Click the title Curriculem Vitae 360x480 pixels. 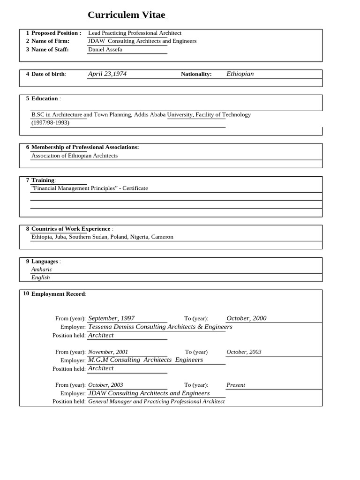pos(127,15)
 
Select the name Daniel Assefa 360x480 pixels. pos(105,49)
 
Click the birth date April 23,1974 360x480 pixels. pos(107,74)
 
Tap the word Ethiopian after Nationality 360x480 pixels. pos(240,74)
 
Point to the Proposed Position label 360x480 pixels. pos(56,33)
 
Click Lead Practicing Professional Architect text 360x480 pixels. pos(135,33)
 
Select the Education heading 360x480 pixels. pos(45,98)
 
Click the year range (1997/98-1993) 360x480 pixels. pos(50,122)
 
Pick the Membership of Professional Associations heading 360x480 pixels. pos(85,147)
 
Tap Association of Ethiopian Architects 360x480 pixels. pos(75,156)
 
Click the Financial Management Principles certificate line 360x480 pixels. pos(90,188)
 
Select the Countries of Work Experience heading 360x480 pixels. pos(71,229)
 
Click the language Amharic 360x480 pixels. pos(42,270)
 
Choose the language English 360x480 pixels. pos(40,277)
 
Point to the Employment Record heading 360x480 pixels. pos(58,294)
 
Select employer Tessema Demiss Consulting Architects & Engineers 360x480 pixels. pos(160,327)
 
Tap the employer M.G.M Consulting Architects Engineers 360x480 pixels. pos(145,360)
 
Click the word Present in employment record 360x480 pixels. pos(236,385)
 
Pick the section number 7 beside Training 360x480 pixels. pos(28,180)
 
